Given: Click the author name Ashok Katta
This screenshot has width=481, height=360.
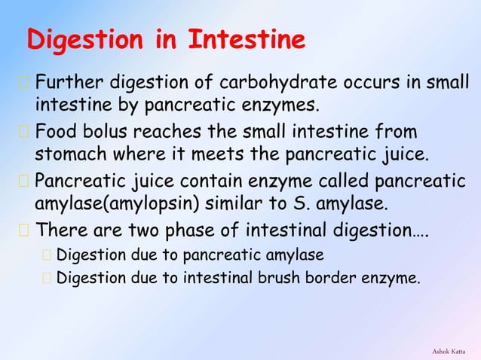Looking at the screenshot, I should click(x=449, y=351).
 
